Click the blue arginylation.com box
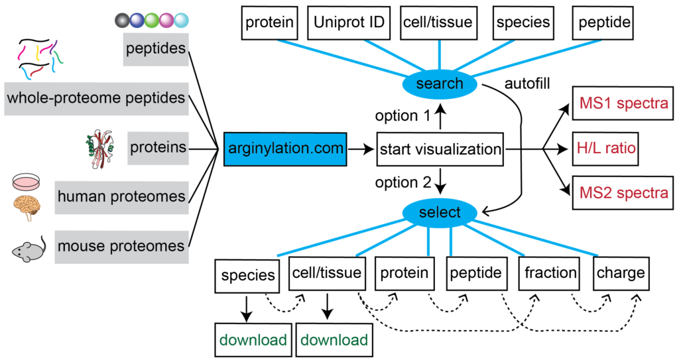[285, 149]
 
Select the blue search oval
[440, 84]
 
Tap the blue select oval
[440, 212]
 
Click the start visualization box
[440, 149]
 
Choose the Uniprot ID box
[349, 23]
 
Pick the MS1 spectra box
[623, 103]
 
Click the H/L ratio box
[605, 149]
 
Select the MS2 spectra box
[623, 193]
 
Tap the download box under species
[253, 340]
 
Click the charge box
[621, 273]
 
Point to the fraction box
[550, 273]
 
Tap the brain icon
[27, 208]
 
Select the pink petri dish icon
[27, 182]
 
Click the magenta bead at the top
[166, 21]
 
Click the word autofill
[527, 83]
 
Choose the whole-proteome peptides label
[97, 99]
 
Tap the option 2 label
[403, 183]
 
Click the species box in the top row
[523, 23]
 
